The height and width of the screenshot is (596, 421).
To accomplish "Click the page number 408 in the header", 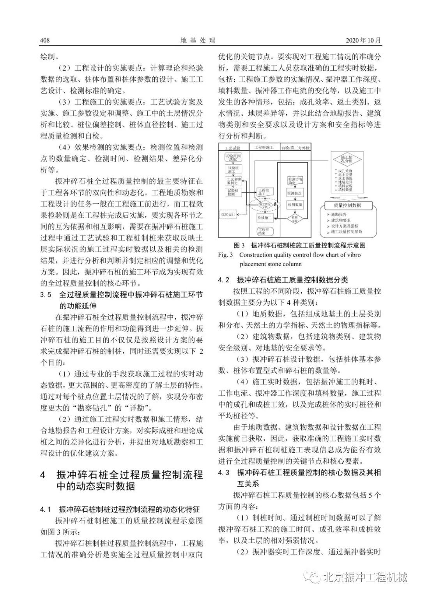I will [45, 41].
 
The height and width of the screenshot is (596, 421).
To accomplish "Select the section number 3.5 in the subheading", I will [46, 294].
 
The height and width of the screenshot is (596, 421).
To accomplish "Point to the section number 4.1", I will [46, 510].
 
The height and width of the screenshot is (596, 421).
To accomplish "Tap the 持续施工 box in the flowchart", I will [264, 217].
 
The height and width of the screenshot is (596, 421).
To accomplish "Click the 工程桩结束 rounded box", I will [264, 231].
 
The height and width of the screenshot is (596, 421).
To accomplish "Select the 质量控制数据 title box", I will [347, 205].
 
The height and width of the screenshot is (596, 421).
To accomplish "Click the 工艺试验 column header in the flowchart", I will [233, 148].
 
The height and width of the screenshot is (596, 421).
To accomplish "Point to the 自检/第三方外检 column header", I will [296, 148].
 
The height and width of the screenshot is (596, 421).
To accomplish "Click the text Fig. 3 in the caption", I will [225, 255].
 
